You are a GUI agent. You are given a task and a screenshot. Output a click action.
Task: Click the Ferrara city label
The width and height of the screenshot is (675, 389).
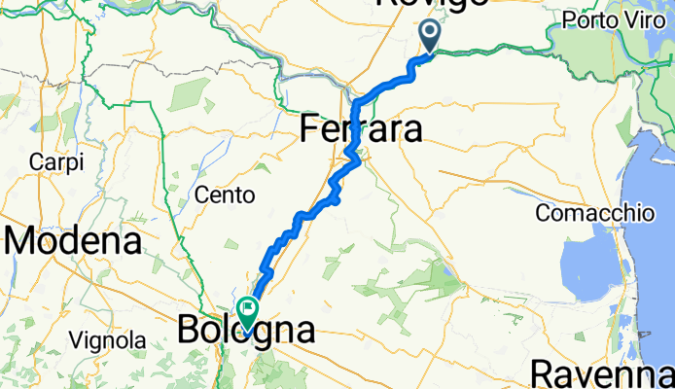pos(361,129)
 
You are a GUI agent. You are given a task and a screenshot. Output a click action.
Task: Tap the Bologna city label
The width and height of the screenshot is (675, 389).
pos(246,331)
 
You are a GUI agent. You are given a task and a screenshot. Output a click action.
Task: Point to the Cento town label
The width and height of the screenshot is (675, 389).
pos(225,195)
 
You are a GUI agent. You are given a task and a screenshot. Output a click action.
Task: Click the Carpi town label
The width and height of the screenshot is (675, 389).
pos(57,160)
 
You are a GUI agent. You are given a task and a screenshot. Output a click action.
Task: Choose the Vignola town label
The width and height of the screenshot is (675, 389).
pos(107,340)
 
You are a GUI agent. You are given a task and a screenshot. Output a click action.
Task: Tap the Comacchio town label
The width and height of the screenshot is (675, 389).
pos(593,212)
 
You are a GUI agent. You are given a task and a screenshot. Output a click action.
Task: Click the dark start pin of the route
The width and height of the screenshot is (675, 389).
pos(430,38)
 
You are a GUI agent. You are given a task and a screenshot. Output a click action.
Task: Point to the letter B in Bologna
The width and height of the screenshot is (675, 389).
pos(189,331)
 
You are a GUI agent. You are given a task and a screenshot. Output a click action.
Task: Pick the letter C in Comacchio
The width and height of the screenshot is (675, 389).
pos(543,212)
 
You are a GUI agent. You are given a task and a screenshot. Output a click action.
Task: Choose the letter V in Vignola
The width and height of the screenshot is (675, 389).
pos(74,340)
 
